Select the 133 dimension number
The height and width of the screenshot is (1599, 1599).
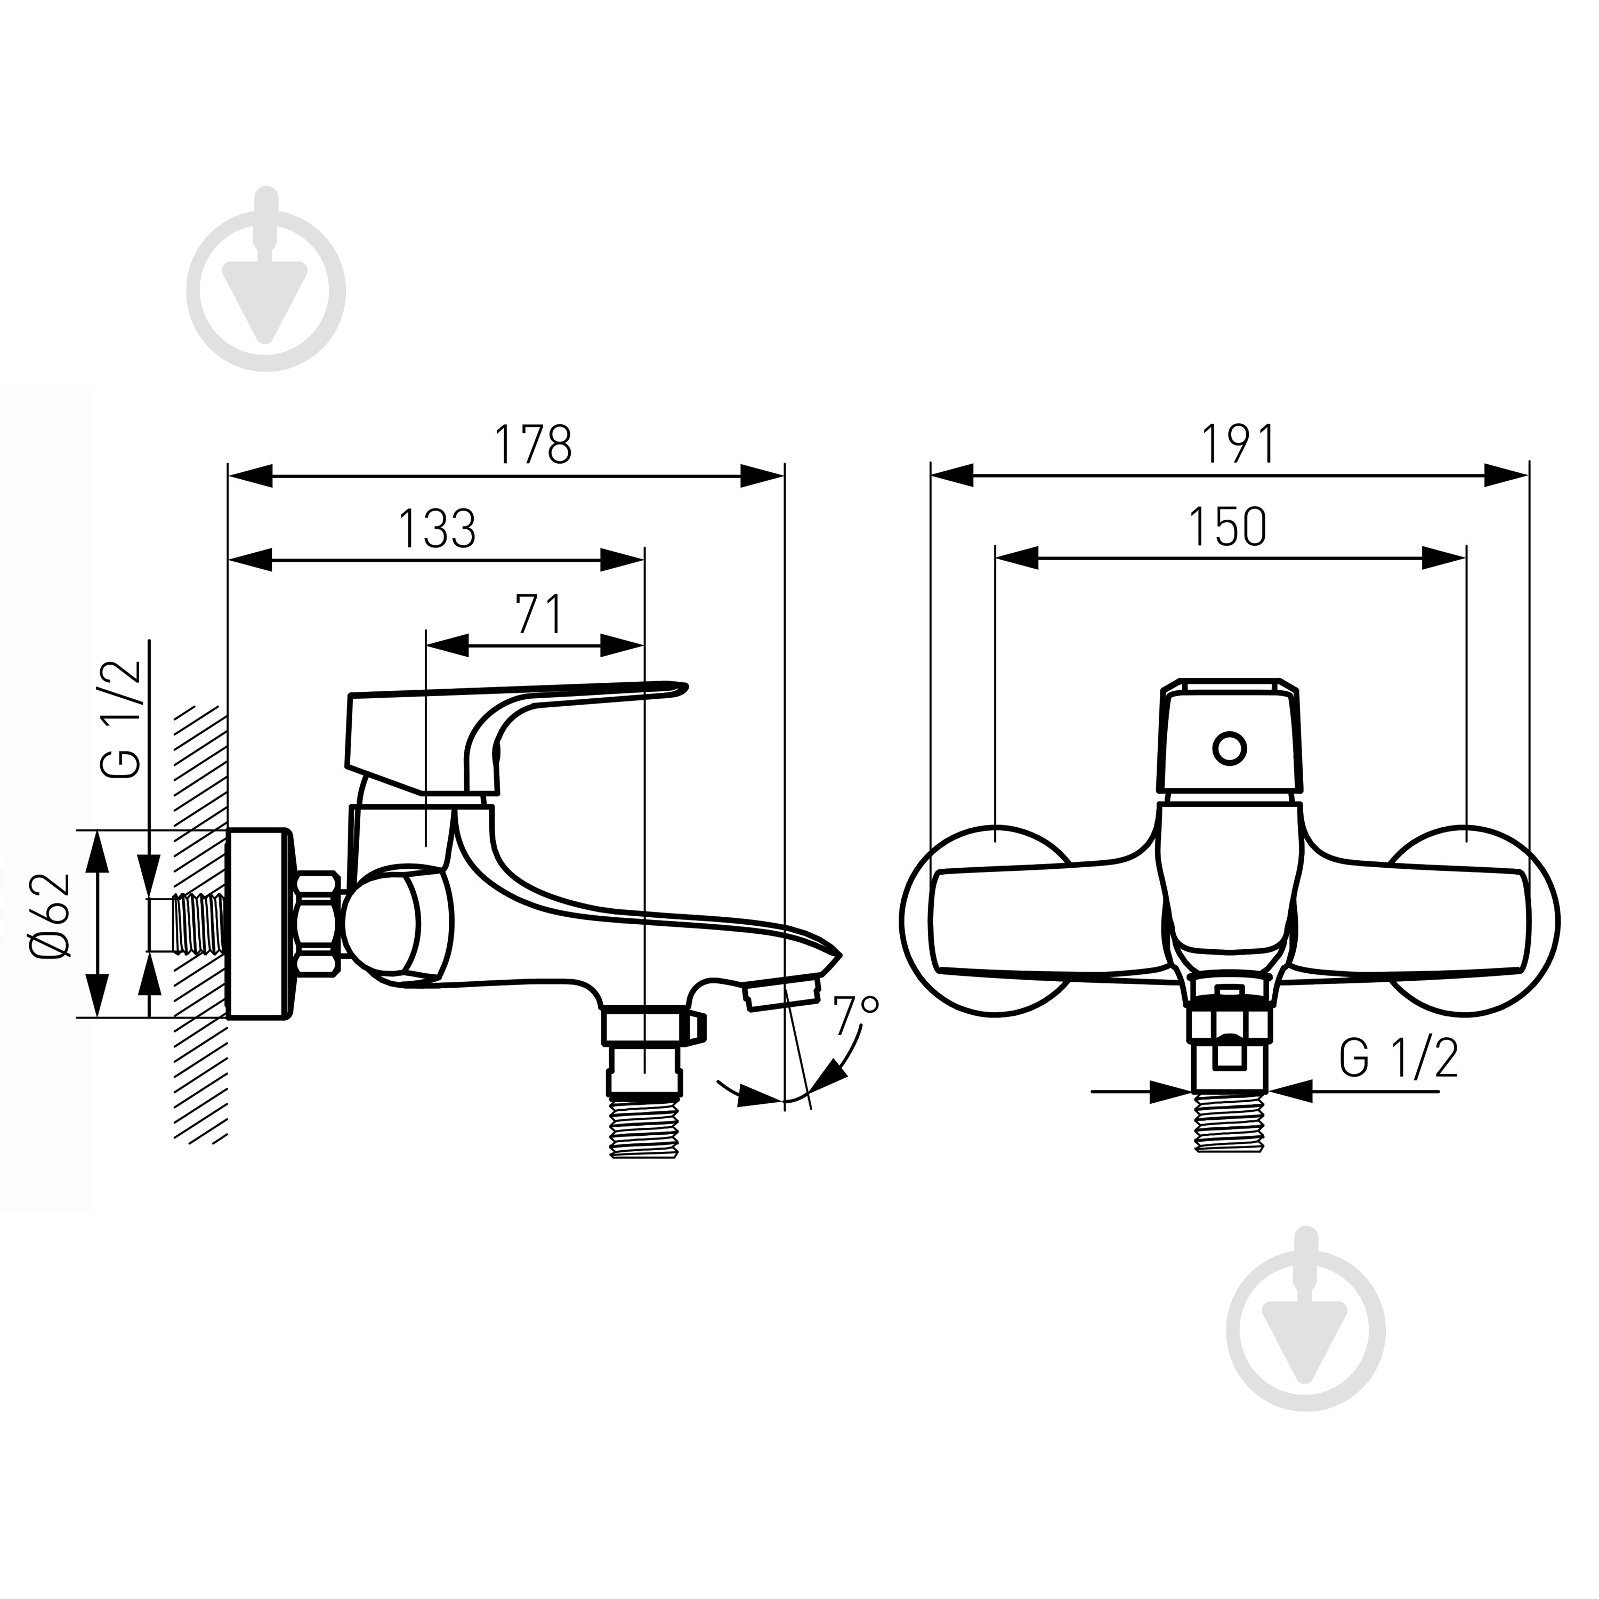[x=438, y=529]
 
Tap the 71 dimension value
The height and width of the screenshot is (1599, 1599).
[x=539, y=613]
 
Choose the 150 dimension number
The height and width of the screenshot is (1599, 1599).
[x=1227, y=527]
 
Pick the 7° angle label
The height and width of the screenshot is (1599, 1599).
[x=855, y=1015]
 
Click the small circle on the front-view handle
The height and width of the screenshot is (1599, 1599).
[x=1230, y=748]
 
